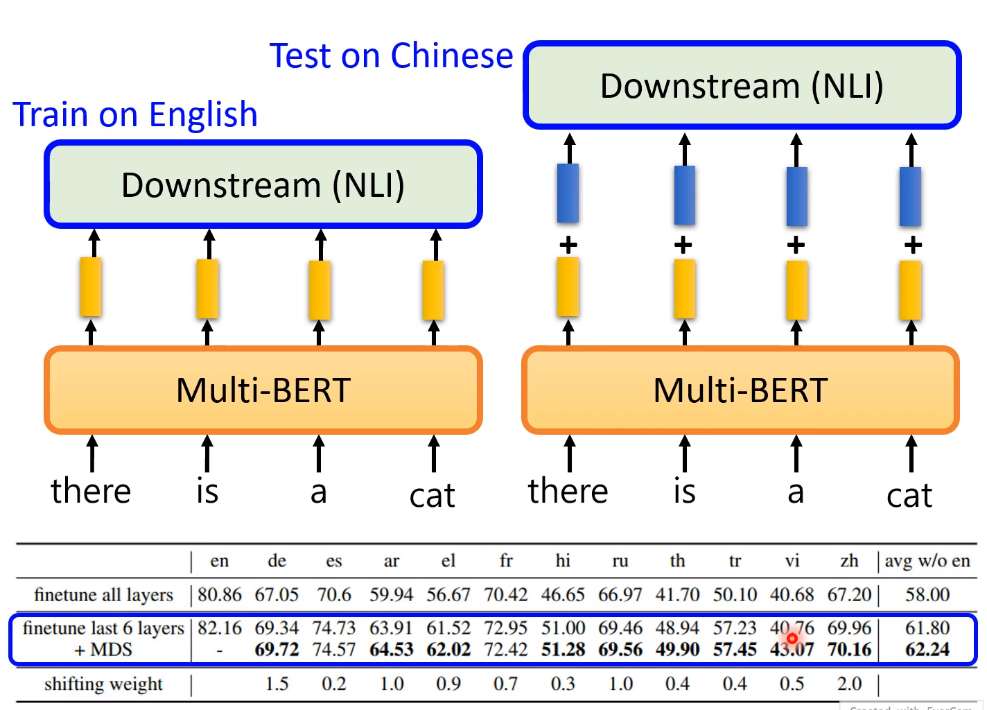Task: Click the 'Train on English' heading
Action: [135, 114]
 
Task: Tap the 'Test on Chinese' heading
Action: [391, 55]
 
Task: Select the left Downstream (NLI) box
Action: [263, 185]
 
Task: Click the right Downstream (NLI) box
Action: [742, 86]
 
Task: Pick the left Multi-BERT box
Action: [263, 390]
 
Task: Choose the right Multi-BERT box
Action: [740, 390]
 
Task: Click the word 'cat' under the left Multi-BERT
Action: [432, 495]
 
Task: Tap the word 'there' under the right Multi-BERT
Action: [568, 491]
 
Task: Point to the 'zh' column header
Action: [849, 560]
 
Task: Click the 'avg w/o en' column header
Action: [927, 560]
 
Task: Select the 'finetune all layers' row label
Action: [103, 595]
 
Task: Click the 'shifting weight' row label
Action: [103, 684]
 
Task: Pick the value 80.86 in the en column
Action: [219, 595]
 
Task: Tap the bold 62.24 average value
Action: [927, 650]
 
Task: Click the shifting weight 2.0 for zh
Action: [849, 684]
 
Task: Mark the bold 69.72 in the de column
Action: [277, 650]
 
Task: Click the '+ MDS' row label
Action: [103, 650]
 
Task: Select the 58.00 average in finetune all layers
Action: [927, 595]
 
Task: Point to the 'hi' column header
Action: [563, 560]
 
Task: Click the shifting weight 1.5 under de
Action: [277, 684]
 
